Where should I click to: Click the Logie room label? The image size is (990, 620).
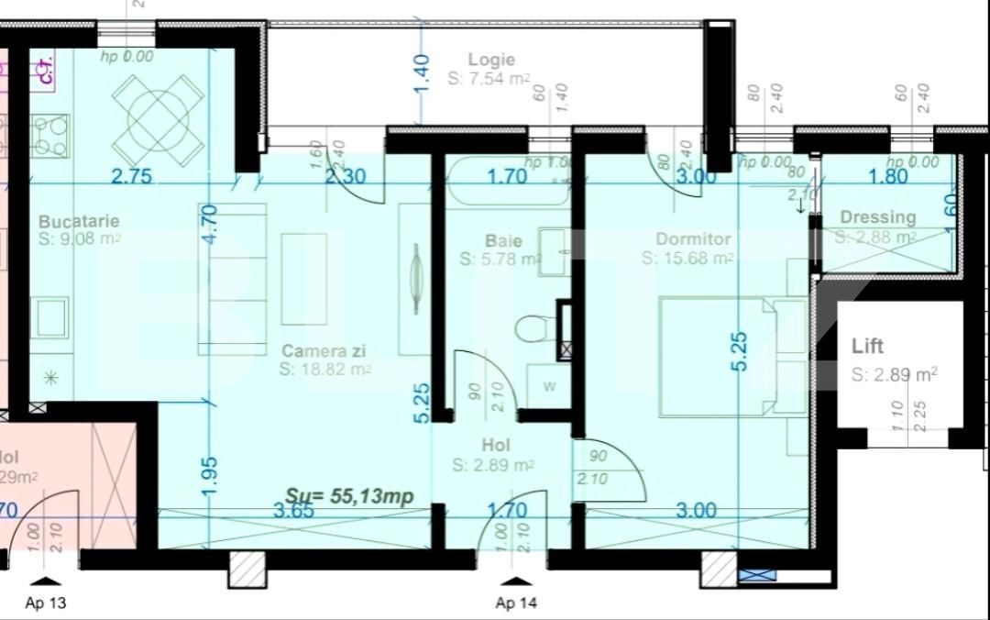point(490,61)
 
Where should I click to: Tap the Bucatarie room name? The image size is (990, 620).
point(79,222)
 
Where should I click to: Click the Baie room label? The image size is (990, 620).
point(503,241)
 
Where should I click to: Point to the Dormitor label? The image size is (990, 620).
point(693,239)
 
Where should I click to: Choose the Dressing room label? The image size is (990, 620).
point(877,217)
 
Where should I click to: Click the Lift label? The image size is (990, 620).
point(867,347)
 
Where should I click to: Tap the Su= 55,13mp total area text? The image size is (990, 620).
point(349,495)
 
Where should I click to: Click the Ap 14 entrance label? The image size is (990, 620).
point(517,603)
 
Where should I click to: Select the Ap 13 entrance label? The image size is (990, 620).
point(46,603)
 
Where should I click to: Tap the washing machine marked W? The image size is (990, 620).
point(548,386)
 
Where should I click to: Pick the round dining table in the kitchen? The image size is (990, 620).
point(158,119)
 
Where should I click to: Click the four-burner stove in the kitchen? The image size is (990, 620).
point(49,136)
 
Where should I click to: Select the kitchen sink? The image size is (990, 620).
point(49,316)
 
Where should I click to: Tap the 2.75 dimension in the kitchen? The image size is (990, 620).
point(131,177)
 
